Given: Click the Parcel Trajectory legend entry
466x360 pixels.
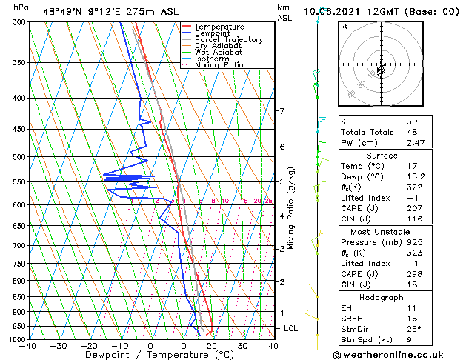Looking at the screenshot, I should tap(229, 39).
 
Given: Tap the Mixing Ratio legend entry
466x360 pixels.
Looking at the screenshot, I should tap(219, 65).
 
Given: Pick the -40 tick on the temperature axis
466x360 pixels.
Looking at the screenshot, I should tap(28, 345).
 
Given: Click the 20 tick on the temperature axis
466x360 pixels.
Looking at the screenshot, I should tap(212, 345).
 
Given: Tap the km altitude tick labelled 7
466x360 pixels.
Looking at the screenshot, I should tap(282, 111).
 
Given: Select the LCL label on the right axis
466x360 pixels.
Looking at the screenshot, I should tap(291, 328).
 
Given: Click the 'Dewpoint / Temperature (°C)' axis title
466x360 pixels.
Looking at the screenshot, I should tap(150, 355).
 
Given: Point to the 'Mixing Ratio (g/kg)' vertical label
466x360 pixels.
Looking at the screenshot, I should tap(292, 207).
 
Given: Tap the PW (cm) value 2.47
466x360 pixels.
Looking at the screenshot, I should tap(416, 142).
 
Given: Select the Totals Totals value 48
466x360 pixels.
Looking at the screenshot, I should tap(412, 132).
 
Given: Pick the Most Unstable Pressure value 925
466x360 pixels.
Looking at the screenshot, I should tap(413, 241).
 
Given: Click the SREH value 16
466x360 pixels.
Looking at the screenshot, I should tap(411, 318).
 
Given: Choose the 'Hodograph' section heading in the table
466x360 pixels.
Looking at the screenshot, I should tap(382, 296).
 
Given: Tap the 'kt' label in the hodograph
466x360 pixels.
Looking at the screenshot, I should tap(344, 27).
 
